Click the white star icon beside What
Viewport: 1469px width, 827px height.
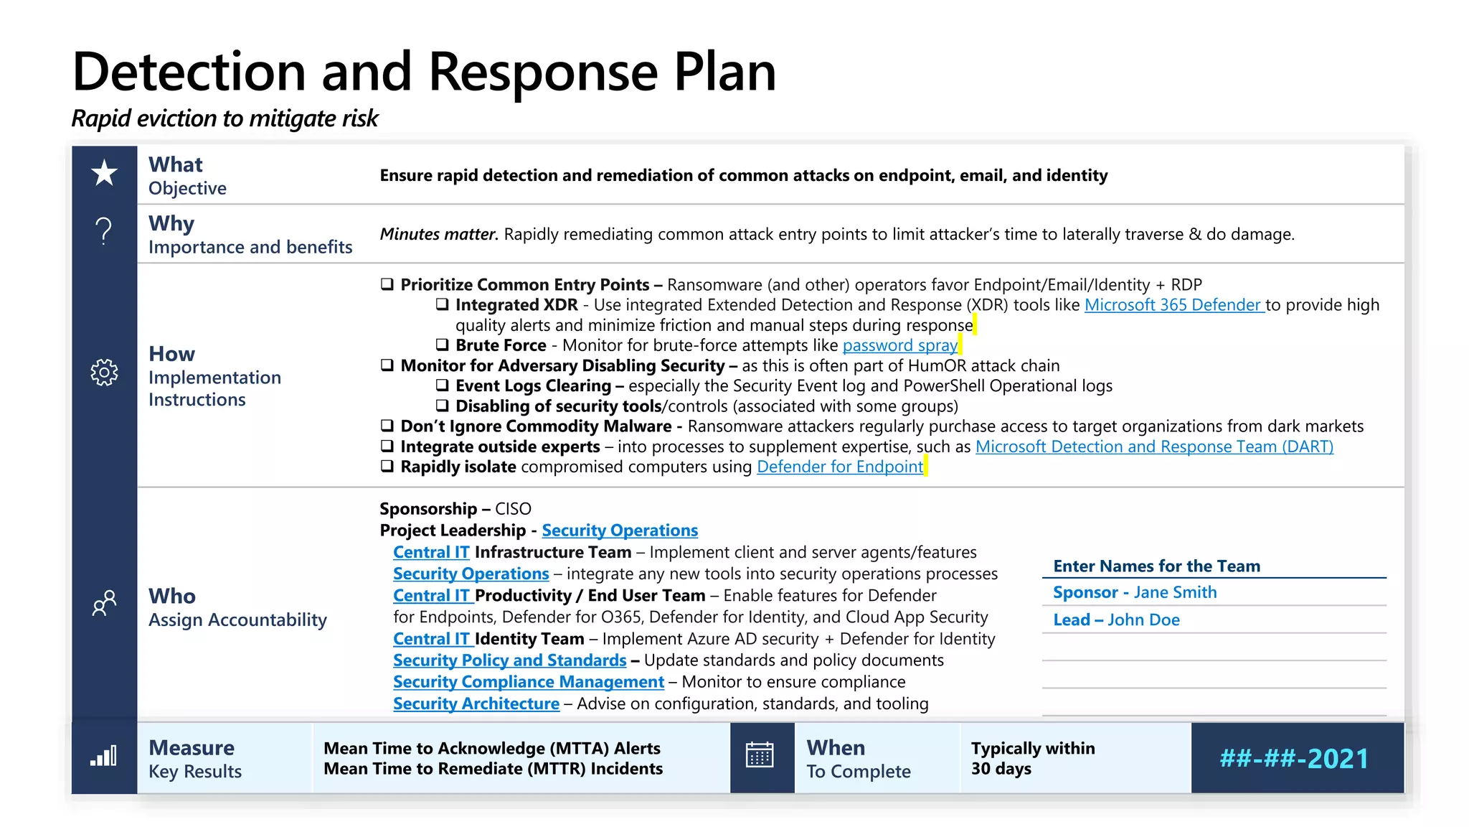click(104, 173)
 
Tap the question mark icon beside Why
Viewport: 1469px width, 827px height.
click(104, 231)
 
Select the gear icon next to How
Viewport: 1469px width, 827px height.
click(104, 373)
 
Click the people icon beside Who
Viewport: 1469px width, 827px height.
click(104, 603)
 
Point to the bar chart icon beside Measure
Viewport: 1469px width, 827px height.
click(104, 757)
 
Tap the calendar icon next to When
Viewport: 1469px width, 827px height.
click(760, 756)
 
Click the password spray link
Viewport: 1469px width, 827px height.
click(899, 346)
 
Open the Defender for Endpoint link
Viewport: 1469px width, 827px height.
click(839, 467)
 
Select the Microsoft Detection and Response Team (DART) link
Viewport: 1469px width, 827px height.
click(1153, 447)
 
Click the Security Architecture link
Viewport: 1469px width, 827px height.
click(476, 704)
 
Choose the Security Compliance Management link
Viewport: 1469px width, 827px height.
click(528, 682)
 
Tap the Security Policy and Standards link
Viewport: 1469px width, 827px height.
click(509, 660)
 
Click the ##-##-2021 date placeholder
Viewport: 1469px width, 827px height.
click(1294, 759)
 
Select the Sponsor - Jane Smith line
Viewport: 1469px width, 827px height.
click(1134, 593)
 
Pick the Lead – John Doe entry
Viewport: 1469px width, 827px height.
click(1115, 620)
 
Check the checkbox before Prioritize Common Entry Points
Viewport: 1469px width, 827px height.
click(387, 284)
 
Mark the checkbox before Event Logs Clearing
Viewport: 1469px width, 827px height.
click(443, 386)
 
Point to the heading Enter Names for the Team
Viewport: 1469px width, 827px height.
click(1156, 566)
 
